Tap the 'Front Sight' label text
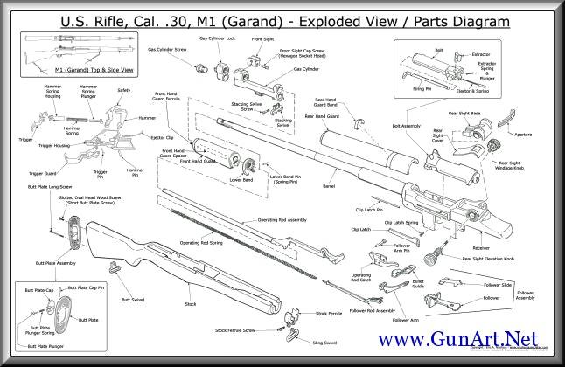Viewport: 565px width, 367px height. tap(262, 39)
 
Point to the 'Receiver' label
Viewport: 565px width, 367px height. tap(475, 247)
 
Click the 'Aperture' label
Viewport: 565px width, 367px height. tap(522, 135)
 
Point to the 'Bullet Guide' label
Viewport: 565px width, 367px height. tap(418, 285)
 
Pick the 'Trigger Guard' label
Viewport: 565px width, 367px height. tap(42, 173)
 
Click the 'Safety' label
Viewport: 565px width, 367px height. tap(123, 90)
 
